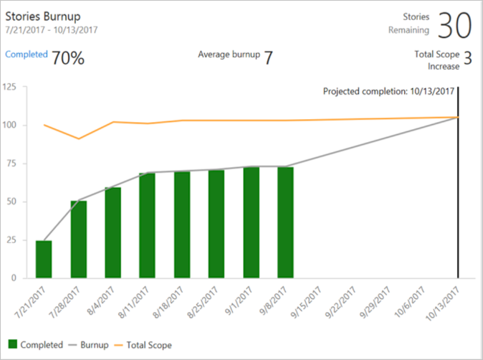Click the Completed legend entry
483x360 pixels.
[36, 345]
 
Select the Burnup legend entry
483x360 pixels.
[89, 345]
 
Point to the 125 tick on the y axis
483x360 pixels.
[10, 87]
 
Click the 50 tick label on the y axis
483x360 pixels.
[12, 202]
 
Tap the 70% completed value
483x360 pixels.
[68, 58]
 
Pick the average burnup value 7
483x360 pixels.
[268, 58]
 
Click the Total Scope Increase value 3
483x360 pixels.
[467, 59]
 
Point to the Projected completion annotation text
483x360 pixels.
[388, 92]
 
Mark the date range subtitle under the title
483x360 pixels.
[52, 30]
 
